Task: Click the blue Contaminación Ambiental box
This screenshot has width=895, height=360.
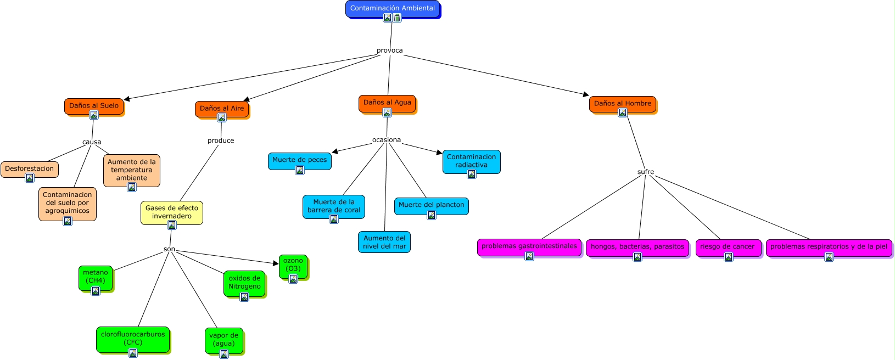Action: pyautogui.click(x=393, y=8)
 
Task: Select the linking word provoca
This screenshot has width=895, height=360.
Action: pyautogui.click(x=389, y=50)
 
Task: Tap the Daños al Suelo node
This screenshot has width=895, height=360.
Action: pyautogui.click(x=94, y=106)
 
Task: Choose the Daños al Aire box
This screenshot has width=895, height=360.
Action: pyautogui.click(x=222, y=109)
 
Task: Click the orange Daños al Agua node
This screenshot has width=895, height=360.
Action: pyautogui.click(x=387, y=103)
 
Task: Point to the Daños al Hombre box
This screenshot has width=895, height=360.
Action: pyautogui.click(x=623, y=104)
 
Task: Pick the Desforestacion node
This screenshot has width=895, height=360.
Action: pyautogui.click(x=30, y=169)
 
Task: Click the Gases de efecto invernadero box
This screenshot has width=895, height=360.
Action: pyautogui.click(x=172, y=212)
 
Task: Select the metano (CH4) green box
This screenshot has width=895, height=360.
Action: pyautogui.click(x=96, y=278)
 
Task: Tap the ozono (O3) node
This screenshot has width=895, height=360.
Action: pyautogui.click(x=293, y=266)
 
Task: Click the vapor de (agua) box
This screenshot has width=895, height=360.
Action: pyautogui.click(x=224, y=340)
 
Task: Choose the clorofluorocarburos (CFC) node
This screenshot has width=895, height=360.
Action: pyautogui.click(x=133, y=340)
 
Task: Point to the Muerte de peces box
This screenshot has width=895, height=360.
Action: pyautogui.click(x=300, y=161)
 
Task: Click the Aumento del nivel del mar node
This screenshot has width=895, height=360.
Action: pyautogui.click(x=384, y=241)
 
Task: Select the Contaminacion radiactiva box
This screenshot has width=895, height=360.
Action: pyautogui.click(x=472, y=161)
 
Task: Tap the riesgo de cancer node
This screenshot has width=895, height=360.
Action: pyautogui.click(x=729, y=248)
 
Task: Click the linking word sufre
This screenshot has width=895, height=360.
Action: pyautogui.click(x=646, y=172)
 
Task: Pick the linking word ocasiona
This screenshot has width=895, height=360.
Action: pyautogui.click(x=387, y=140)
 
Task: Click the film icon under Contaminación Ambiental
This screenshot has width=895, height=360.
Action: pyautogui.click(x=397, y=18)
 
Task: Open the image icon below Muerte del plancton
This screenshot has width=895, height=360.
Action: pyautogui.click(x=432, y=215)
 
